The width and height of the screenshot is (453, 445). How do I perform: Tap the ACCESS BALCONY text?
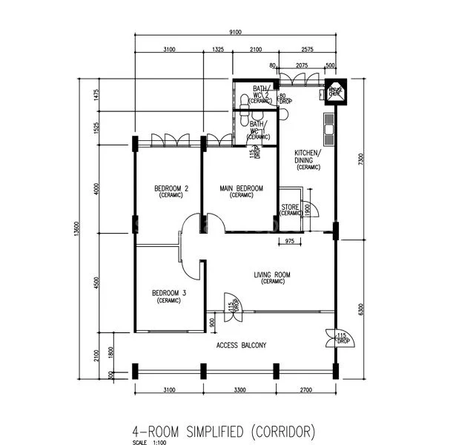[x=241, y=346]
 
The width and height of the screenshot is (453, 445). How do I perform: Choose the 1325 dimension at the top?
[x=218, y=50]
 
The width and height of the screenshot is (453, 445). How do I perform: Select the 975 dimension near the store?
[x=290, y=242]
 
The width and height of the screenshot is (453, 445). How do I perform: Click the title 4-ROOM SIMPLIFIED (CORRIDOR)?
[x=234, y=431]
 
